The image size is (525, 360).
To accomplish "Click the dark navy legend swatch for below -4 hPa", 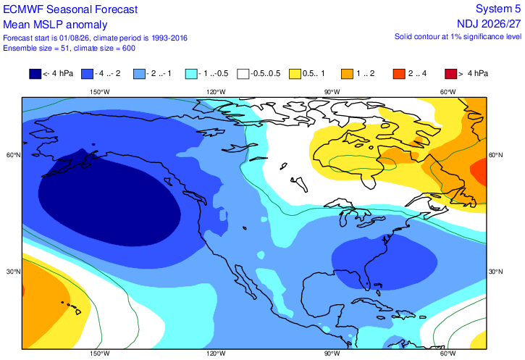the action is pos(35,74).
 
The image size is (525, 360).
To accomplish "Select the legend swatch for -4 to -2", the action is pos(88,74).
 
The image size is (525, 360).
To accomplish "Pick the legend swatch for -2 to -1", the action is pos(139,74).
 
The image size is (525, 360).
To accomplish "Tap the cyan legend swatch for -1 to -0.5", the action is pos(191,74).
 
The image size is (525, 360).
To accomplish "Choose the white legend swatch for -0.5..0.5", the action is pos(243,74).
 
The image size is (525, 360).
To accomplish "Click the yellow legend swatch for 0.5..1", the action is pos(295,74).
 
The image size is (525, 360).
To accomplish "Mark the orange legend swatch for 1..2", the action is pos(347,74).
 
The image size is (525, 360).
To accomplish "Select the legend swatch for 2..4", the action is pos(399,74).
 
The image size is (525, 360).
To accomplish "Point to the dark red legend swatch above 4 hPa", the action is pos(451,74).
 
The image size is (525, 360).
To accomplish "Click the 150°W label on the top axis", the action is pos(99,92).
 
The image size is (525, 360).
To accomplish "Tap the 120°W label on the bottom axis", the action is pos(216,353).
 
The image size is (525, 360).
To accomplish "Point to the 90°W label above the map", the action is pos(332,92).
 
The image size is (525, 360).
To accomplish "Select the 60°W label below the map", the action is pos(448,353).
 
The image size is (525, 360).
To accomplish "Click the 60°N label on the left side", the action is pos(13,155).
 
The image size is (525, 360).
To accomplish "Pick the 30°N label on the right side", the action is pos(495,272).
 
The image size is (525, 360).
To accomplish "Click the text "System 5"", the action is pos(498,9).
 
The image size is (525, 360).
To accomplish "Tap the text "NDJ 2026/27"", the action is pos(490,24).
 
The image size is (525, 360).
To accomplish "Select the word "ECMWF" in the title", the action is pos(23,9).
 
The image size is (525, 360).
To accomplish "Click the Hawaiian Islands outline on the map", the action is pos(72,307).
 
